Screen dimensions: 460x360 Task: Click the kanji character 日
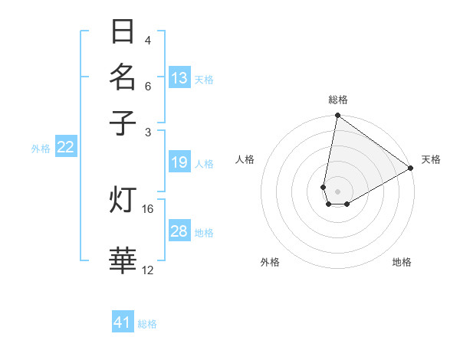(123, 33)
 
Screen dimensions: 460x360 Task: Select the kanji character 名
(123, 77)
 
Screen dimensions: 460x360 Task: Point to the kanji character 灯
(123, 200)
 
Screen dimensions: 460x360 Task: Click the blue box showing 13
(179, 78)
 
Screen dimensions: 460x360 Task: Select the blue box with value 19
(179, 162)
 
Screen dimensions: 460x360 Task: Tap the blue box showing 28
(179, 231)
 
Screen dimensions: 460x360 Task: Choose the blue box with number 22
(65, 147)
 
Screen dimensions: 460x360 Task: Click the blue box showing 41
(123, 322)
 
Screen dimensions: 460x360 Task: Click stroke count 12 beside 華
(148, 270)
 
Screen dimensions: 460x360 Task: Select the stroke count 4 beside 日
(148, 40)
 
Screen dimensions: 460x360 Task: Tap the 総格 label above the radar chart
(338, 100)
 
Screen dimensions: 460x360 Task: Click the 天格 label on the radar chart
(431, 159)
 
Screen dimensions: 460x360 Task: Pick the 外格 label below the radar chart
(270, 262)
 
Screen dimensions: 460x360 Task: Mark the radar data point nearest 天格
(411, 168)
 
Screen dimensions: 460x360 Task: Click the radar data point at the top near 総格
(337, 116)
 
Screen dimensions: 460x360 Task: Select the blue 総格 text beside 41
(147, 324)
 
